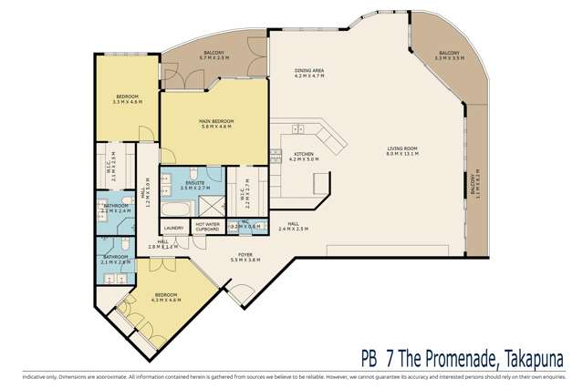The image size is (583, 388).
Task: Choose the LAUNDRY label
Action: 173,228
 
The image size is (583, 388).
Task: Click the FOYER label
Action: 245,258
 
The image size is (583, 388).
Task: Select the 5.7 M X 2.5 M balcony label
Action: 213,56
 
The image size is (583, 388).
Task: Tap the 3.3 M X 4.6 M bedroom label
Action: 127,100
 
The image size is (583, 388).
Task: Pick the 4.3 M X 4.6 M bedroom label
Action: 165,298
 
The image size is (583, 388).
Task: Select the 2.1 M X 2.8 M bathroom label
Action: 115,259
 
